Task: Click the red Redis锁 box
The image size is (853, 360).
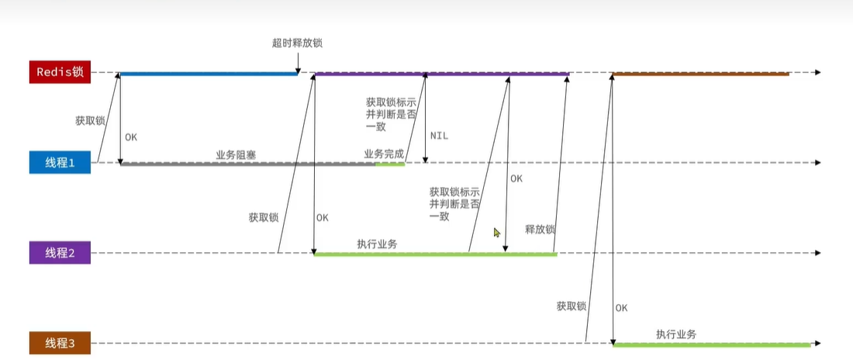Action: pos(60,73)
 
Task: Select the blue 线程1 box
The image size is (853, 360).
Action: pos(60,163)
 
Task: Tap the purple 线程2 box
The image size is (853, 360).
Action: pos(60,253)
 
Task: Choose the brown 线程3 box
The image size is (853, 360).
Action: pos(60,343)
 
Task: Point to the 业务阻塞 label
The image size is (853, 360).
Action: pos(236,154)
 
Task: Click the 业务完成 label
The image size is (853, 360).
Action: pos(384,154)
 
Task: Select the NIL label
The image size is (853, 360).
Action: pos(439,136)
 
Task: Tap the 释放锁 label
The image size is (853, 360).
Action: pos(540,230)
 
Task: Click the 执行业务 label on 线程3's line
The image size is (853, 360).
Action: pos(676,334)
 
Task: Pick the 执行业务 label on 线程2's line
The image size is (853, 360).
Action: pos(377,244)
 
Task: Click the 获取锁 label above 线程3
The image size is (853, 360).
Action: pos(572,306)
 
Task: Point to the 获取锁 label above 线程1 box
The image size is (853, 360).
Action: pos(90,121)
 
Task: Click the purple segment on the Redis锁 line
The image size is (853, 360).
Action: pos(441,74)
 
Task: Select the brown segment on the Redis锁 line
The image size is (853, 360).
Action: pos(700,74)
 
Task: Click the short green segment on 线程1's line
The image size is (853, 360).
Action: pos(389,164)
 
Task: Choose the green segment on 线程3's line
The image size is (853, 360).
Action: pos(711,344)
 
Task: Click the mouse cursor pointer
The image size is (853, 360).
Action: pos(497,232)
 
